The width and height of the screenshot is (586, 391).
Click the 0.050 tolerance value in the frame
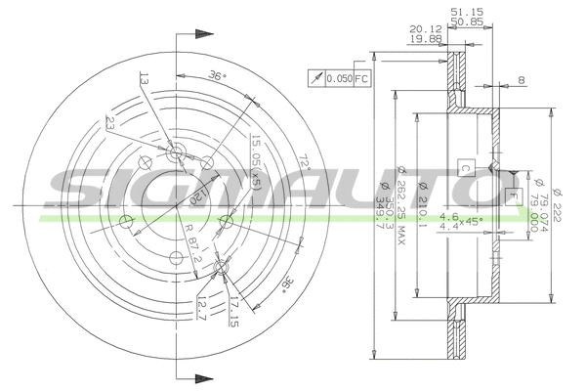pos(338,77)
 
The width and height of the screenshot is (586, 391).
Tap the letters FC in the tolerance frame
pos(361,77)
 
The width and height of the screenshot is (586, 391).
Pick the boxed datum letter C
pos(466,167)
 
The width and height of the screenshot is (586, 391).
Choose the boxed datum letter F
pos(510,195)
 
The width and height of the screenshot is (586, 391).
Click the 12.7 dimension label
pos(200,310)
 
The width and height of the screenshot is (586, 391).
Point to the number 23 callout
pos(110,124)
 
